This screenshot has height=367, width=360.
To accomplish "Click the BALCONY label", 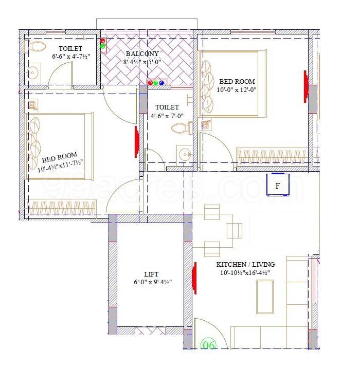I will tap(141, 53).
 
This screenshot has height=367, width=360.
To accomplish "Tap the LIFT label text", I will tap(149, 274).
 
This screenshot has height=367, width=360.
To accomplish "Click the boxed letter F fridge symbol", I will tap(278, 186).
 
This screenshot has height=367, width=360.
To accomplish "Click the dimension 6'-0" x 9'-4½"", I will tap(150, 282).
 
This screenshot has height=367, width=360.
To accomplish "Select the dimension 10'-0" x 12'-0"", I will tap(237, 89).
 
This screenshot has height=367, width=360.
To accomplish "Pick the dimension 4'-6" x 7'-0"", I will tap(167, 116).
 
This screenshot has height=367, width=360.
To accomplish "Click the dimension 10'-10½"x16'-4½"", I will tap(243, 272).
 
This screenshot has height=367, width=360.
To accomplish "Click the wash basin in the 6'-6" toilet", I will tap(33, 71).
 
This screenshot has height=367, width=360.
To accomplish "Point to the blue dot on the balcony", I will tap(162, 82).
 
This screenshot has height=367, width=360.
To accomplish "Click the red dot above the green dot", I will tap(103, 41).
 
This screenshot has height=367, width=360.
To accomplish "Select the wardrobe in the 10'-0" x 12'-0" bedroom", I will tap(273, 155).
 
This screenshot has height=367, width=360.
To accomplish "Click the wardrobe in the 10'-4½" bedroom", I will tap(62, 208).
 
